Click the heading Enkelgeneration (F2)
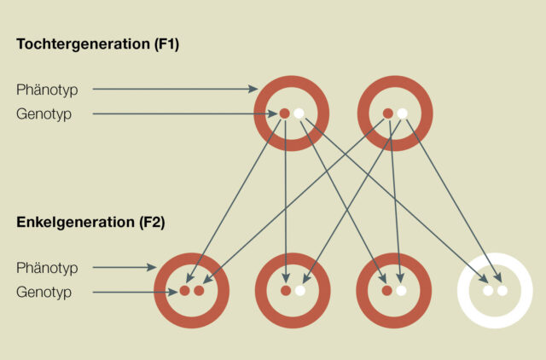(90, 223)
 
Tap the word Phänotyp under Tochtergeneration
(48, 89)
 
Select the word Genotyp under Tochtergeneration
(44, 113)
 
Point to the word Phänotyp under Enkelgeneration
(48, 268)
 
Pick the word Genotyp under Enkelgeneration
(44, 293)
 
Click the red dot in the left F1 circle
(285, 113)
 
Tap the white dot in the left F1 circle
(299, 113)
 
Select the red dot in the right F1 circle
(388, 113)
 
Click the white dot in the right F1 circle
(402, 113)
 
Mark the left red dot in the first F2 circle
(184, 291)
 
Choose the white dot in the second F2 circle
(299, 291)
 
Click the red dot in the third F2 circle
(387, 291)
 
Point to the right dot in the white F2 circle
(502, 291)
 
